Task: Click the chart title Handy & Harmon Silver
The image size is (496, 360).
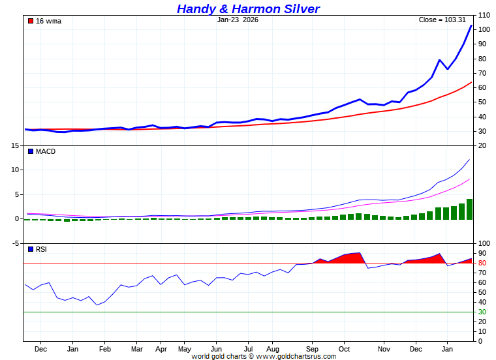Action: pos(248,8)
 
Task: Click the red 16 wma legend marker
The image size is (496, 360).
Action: pos(31,21)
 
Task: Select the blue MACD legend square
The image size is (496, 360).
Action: pos(31,151)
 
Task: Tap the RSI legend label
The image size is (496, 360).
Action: pos(41,249)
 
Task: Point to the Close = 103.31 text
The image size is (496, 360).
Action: pos(442,20)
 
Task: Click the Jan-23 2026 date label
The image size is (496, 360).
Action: pos(238,20)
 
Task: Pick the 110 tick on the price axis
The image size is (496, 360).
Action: pos(484,15)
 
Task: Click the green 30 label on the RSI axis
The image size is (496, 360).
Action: pos(482,312)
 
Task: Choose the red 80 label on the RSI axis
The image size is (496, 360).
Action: pos(482,263)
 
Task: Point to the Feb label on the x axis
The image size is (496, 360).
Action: pos(104,349)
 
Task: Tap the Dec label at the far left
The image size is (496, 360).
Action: pos(40,349)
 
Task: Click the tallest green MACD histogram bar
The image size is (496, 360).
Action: pos(469,209)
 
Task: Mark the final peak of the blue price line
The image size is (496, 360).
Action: pos(471,25)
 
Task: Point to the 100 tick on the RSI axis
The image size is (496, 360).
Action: pos(484,243)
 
